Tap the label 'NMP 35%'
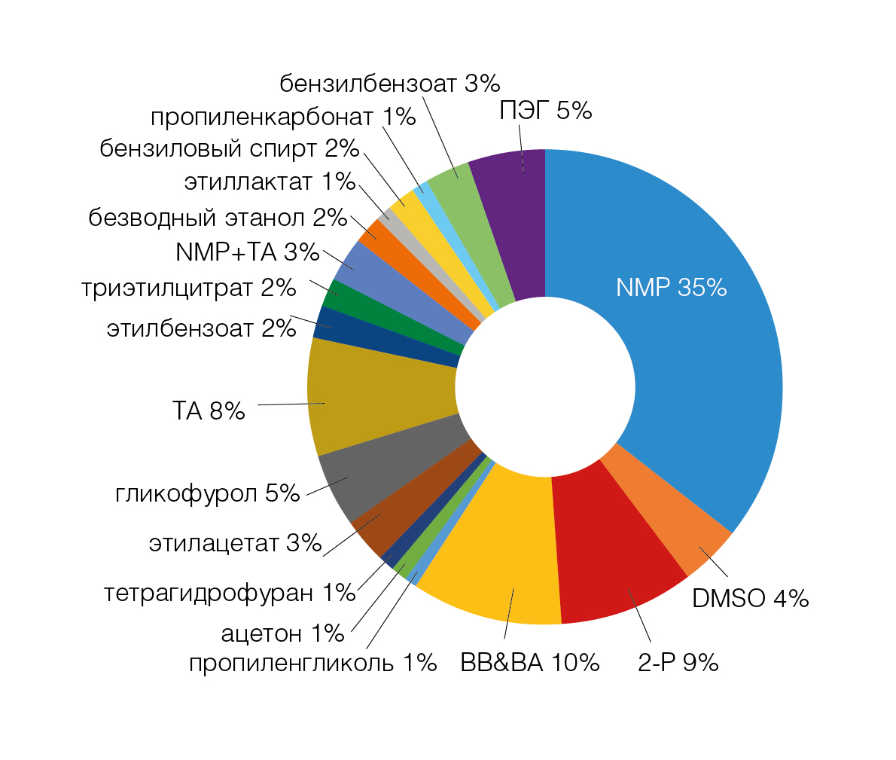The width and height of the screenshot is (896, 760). [671, 287]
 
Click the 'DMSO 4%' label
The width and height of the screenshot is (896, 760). [750, 599]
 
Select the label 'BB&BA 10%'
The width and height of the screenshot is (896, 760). [529, 663]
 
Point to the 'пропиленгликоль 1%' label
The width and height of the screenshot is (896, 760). [312, 663]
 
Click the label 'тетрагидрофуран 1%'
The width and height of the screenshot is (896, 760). [230, 594]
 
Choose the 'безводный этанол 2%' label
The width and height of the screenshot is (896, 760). [218, 218]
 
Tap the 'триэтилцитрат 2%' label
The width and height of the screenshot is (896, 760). [189, 288]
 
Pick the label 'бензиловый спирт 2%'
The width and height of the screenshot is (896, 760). [230, 148]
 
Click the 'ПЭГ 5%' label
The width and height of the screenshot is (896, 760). [546, 111]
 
